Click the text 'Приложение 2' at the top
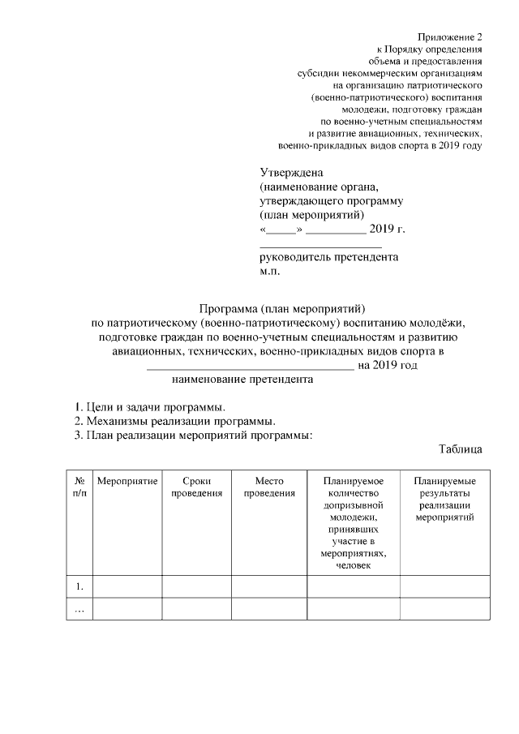(x=450, y=38)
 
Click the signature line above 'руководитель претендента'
(x=320, y=244)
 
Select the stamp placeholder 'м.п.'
(x=269, y=272)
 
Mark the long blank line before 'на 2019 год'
(x=250, y=367)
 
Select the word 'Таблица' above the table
(x=461, y=449)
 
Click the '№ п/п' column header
(x=79, y=487)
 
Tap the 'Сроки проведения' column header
(x=197, y=487)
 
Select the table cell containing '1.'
(x=79, y=586)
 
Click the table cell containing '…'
(x=79, y=610)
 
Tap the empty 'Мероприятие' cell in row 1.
(x=127, y=586)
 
